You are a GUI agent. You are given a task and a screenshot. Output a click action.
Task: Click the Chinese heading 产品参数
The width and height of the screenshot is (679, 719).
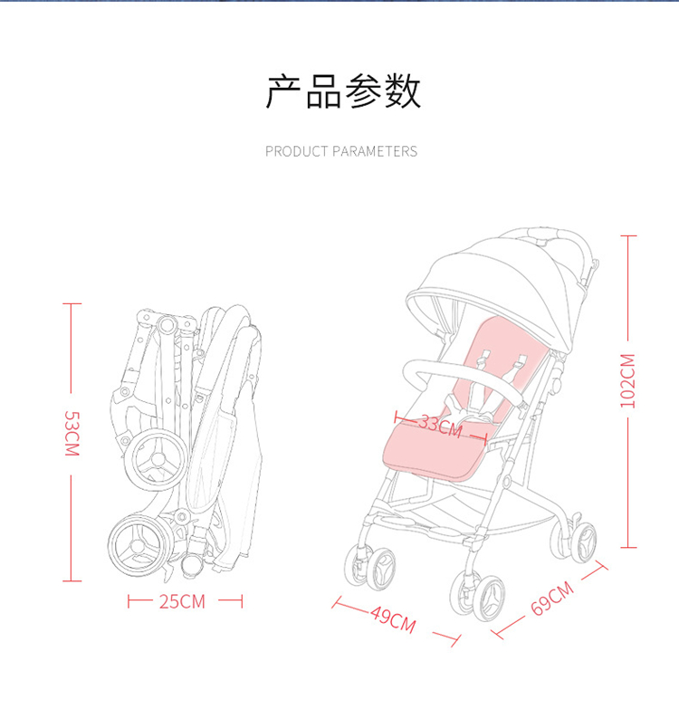(343, 91)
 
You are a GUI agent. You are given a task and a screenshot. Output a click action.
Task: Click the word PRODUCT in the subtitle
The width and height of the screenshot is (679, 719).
(297, 151)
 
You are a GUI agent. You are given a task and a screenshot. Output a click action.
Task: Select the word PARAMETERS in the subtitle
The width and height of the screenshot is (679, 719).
(375, 151)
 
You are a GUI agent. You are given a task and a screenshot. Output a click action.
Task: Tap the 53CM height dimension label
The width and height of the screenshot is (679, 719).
(72, 434)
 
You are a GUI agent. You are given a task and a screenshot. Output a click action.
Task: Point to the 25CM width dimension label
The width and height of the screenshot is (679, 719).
(183, 601)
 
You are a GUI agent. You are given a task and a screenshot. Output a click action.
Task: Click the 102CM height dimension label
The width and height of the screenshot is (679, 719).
(627, 381)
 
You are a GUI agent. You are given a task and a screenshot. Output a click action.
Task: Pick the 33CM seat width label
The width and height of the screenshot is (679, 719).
(441, 427)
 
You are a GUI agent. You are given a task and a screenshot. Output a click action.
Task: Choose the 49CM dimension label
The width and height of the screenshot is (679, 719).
(394, 619)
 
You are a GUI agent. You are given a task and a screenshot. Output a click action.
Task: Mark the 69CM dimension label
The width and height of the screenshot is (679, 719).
(552, 598)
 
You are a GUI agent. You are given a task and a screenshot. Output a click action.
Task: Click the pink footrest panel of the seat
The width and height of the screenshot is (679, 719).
(434, 452)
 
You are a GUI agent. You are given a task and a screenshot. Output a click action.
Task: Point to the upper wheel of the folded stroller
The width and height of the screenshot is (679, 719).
(157, 460)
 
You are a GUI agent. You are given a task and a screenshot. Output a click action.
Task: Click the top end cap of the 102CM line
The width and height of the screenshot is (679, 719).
(628, 236)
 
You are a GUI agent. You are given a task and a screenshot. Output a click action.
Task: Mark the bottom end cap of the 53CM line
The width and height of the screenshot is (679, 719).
(72, 581)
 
